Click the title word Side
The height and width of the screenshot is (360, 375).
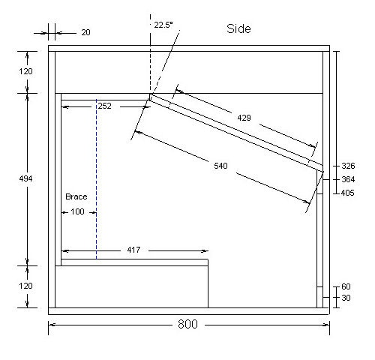pyautogui.click(x=238, y=28)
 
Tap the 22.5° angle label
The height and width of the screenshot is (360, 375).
pyautogui.click(x=163, y=25)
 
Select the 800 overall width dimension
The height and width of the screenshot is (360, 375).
pyautogui.click(x=187, y=324)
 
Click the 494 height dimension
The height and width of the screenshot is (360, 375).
pyautogui.click(x=25, y=178)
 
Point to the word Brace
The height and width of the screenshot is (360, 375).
pyautogui.click(x=76, y=196)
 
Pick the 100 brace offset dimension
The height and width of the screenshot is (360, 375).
pyautogui.click(x=77, y=211)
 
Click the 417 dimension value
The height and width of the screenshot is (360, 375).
pyautogui.click(x=133, y=250)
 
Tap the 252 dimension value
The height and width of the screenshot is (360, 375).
pyautogui.click(x=105, y=106)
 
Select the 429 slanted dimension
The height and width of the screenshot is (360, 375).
pyautogui.click(x=244, y=118)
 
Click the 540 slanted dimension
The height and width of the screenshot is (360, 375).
pyautogui.click(x=220, y=166)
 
